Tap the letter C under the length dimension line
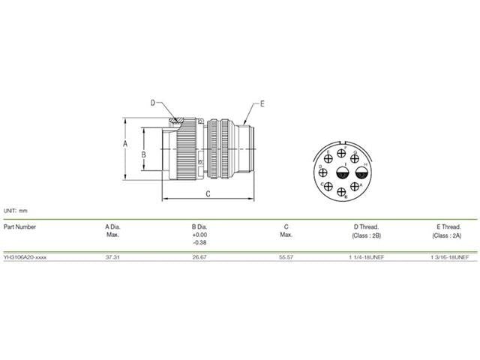click(x=208, y=193)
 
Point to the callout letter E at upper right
click(x=262, y=103)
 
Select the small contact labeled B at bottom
click(x=343, y=193)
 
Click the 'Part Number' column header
click(x=20, y=226)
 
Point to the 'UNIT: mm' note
click(x=16, y=211)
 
